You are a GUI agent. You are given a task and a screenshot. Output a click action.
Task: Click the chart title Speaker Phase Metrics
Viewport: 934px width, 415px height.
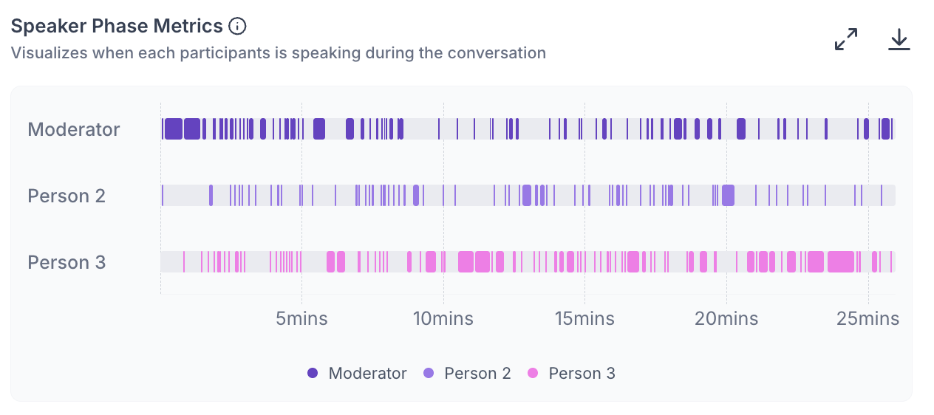tap(117, 27)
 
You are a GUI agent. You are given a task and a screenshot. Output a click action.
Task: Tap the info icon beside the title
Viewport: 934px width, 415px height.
tap(237, 27)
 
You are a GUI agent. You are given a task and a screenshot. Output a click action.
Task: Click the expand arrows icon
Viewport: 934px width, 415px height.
tap(846, 39)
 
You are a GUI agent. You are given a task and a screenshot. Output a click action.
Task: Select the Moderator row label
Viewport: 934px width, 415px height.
tap(74, 129)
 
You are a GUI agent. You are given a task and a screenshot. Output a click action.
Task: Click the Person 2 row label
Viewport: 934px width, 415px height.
tap(67, 196)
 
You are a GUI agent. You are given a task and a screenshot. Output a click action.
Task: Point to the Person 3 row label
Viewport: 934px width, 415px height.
tap(67, 262)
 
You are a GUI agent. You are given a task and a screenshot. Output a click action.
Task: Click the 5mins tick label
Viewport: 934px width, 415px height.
tap(301, 319)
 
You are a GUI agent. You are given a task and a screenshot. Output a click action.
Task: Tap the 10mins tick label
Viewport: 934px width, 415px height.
tap(443, 319)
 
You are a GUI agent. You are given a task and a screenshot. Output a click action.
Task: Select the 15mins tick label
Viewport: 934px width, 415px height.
tap(584, 319)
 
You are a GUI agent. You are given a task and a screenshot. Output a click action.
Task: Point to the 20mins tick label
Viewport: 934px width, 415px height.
tap(726, 319)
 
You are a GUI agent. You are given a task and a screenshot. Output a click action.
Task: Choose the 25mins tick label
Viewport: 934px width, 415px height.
tap(868, 319)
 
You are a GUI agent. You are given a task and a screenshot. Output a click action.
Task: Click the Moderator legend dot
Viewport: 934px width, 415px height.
tap(313, 373)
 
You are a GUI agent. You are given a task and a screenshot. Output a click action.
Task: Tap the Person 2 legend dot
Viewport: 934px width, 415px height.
tap(429, 373)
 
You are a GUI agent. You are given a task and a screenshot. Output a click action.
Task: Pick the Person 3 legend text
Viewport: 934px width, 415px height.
tap(582, 374)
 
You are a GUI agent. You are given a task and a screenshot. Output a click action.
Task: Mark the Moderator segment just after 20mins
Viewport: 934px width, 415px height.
tap(741, 128)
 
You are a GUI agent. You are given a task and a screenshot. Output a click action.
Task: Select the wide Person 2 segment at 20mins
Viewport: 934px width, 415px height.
tap(728, 196)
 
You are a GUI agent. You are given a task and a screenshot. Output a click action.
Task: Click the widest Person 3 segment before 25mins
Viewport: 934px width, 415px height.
tap(841, 262)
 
